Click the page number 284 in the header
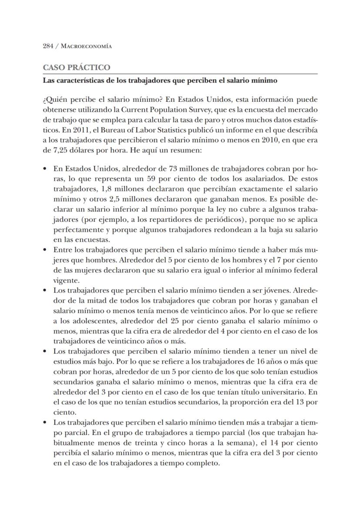[x=48, y=46]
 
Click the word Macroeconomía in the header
[x=87, y=46]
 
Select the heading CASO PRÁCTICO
[x=76, y=68]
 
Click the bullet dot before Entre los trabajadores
[x=45, y=250]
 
